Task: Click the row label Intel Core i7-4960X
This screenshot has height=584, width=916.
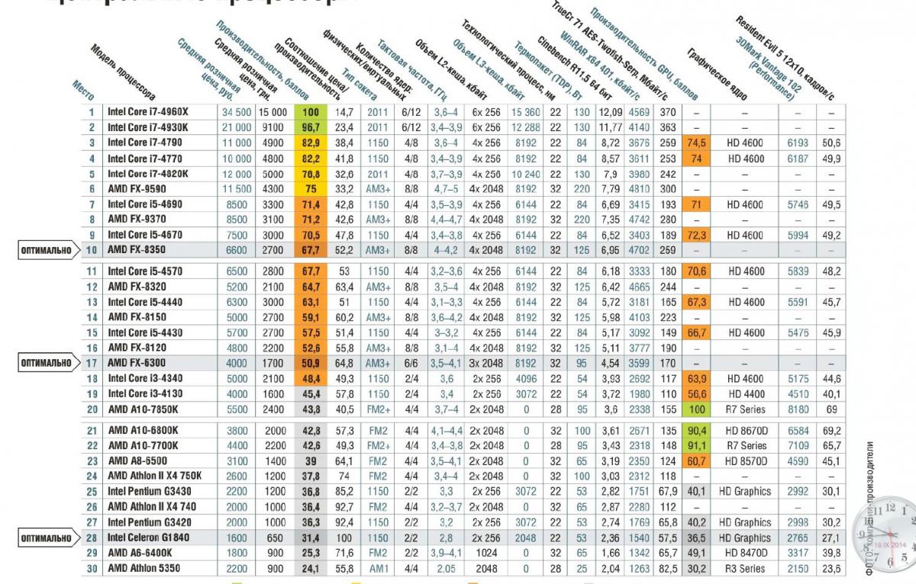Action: click(149, 112)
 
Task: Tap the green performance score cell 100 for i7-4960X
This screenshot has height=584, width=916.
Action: click(310, 112)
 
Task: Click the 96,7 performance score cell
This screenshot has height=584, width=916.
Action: click(310, 127)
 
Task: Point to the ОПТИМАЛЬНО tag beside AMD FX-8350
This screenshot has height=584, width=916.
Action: click(47, 249)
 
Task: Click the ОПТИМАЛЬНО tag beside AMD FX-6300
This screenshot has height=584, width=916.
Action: click(47, 364)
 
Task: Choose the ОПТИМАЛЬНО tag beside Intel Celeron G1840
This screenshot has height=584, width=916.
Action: click(47, 538)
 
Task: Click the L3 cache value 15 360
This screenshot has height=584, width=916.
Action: click(526, 112)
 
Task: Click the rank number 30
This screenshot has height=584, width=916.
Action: click(90, 568)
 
